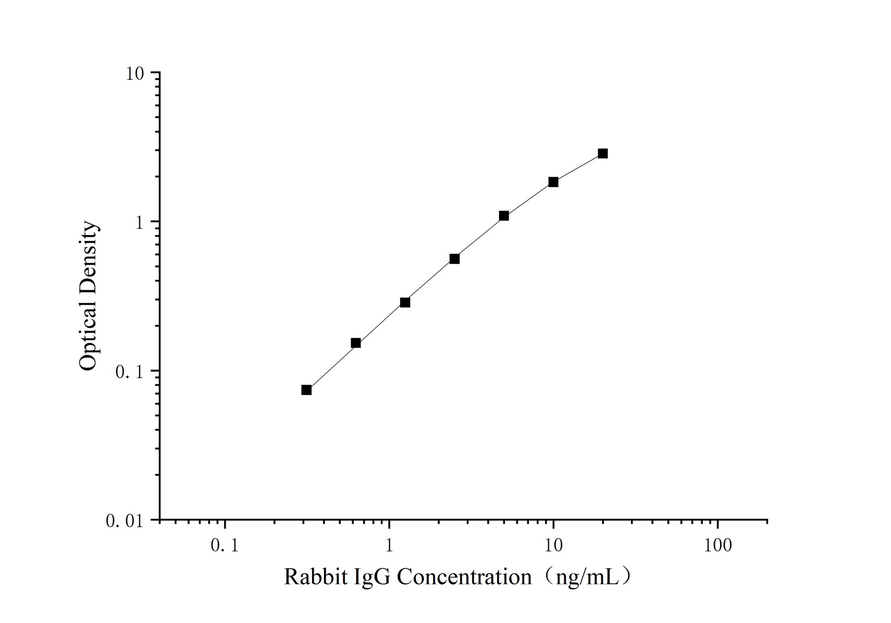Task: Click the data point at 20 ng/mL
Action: (x=602, y=153)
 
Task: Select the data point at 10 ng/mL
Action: (x=553, y=182)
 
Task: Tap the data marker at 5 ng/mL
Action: (x=504, y=216)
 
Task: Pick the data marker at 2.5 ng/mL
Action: (x=454, y=259)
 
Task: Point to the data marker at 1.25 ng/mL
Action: (x=405, y=302)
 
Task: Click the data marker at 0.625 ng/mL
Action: (x=356, y=343)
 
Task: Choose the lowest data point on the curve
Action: (x=306, y=390)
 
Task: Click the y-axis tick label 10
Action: (x=134, y=74)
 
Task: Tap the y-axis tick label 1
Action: (x=139, y=223)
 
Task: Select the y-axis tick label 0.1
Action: (x=129, y=372)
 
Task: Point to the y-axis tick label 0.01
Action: (x=125, y=521)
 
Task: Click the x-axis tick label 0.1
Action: (x=225, y=546)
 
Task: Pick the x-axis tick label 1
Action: (x=389, y=546)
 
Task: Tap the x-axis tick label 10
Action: (x=553, y=546)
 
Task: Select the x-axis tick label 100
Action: (x=717, y=546)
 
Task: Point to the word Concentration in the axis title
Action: (x=465, y=577)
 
